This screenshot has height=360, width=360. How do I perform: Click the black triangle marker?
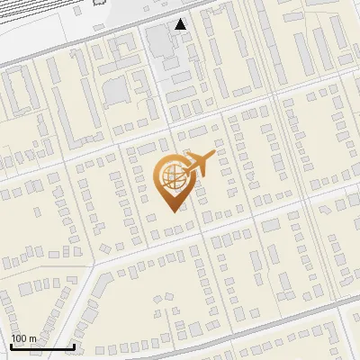(x=181, y=24)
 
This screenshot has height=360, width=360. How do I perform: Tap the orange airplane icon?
(x=201, y=164)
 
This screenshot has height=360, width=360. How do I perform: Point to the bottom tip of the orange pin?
(x=171, y=211)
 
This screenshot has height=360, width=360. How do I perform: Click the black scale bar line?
(x=42, y=347)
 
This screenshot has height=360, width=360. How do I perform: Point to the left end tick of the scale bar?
(x=12, y=345)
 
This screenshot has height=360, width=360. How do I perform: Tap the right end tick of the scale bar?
(x=74, y=345)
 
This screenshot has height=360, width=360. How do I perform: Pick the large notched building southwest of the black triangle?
(x=117, y=91)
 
